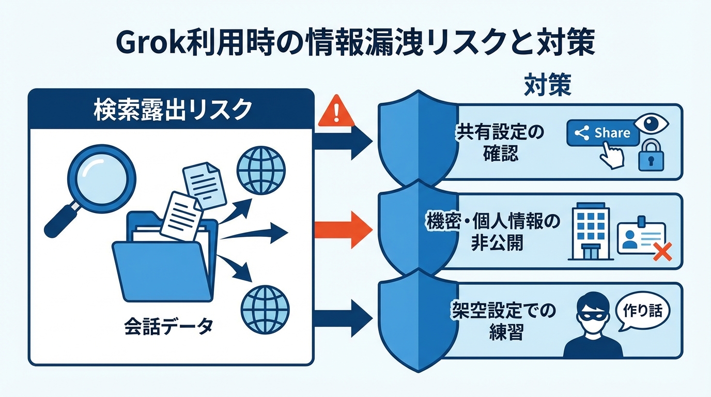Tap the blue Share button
602,133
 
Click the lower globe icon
265,311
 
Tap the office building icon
589,234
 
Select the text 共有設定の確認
500,143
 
